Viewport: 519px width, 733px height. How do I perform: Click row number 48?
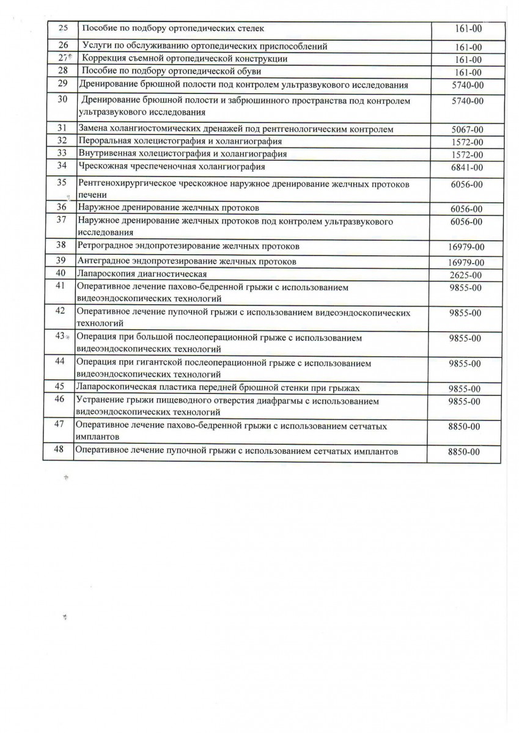pyautogui.click(x=60, y=451)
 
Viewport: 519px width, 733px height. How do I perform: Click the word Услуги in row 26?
pyautogui.click(x=97, y=46)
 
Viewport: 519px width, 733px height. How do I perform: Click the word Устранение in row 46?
pyautogui.click(x=100, y=401)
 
